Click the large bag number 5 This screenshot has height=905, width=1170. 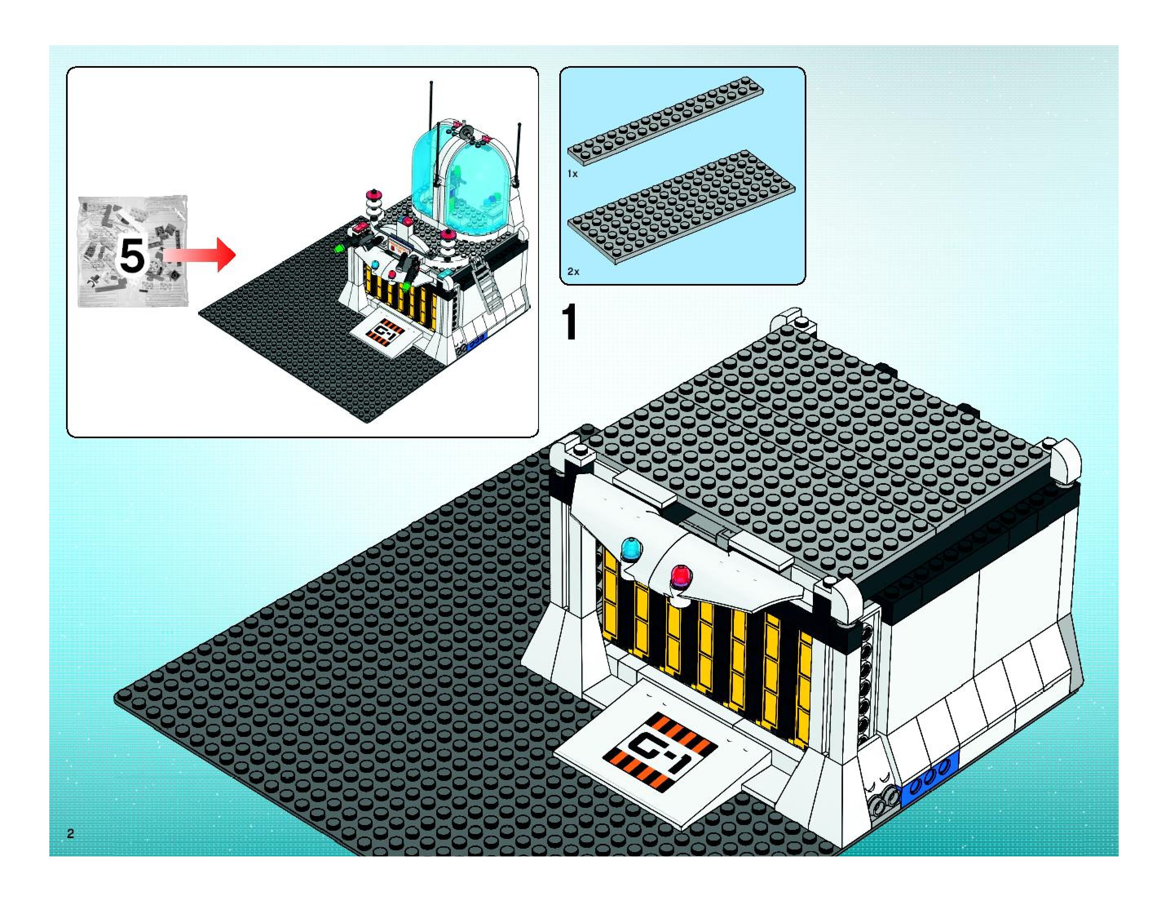tap(132, 256)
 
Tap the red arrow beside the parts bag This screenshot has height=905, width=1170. tap(201, 255)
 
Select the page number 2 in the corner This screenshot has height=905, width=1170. tap(70, 833)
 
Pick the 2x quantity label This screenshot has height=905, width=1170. tap(573, 271)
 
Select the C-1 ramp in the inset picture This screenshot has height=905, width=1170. tap(387, 333)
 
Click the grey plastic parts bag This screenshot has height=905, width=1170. tap(133, 251)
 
